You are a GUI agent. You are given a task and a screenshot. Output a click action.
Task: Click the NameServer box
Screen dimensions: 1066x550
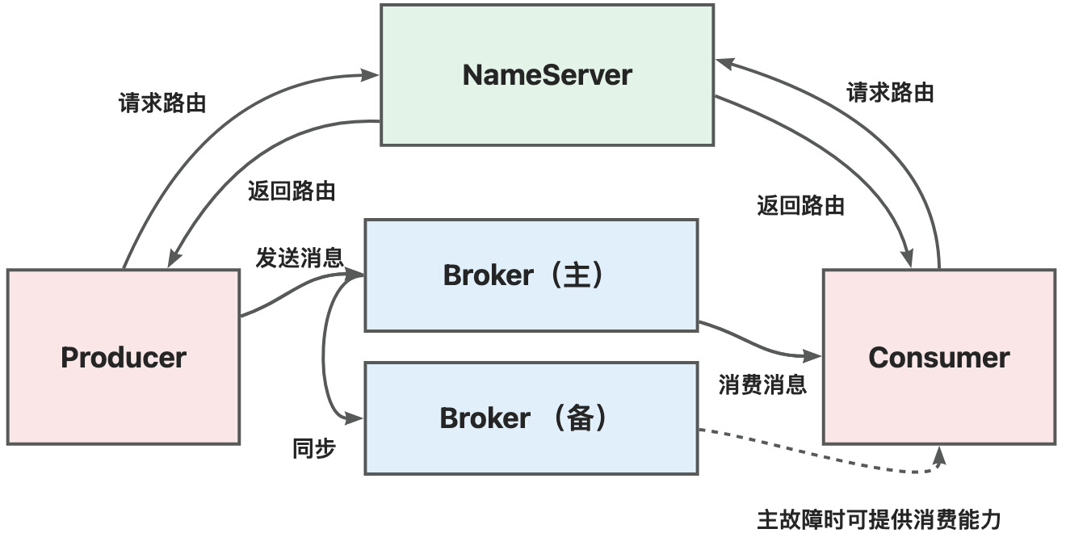coord(548,74)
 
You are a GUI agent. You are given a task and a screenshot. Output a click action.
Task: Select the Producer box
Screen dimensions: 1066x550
coord(124,357)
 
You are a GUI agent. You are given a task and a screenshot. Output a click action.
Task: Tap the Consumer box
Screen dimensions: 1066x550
coord(939,357)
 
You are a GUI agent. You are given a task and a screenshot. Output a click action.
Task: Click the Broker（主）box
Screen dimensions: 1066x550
coord(531,275)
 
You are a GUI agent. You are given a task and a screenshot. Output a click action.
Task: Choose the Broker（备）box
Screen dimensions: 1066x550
coord(531,418)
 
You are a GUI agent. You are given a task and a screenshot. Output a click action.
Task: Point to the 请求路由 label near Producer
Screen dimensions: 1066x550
coord(162,103)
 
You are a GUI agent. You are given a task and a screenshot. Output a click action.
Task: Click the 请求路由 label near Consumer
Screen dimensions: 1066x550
coord(890,92)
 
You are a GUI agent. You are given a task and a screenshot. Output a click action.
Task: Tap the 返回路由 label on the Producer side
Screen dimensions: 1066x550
coord(292,191)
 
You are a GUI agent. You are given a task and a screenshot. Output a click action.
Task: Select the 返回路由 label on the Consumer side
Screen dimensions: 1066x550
coord(801,205)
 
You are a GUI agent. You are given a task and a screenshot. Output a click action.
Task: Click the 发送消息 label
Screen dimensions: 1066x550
coord(300,258)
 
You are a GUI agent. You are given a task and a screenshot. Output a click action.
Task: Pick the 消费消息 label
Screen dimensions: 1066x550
coord(763,384)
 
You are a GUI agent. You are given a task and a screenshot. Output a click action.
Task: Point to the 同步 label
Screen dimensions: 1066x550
coord(314,449)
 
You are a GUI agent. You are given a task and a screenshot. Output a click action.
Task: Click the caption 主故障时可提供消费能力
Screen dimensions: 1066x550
coord(879,519)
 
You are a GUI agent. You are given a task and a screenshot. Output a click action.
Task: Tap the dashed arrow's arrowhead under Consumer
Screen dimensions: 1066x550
coord(939,456)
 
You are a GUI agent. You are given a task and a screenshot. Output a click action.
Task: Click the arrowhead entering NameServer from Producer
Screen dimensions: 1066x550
coord(369,75)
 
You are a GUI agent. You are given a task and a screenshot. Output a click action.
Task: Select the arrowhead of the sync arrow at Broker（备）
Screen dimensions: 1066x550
coord(354,418)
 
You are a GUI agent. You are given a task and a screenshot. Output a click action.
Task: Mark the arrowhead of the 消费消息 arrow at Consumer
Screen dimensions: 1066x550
coord(812,355)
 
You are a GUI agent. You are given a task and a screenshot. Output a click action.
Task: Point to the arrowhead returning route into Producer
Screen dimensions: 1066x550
coord(174,258)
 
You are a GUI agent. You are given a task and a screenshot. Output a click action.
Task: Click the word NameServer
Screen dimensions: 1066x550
coord(548,74)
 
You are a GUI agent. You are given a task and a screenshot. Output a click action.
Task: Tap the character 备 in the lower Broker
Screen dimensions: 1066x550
coord(581,418)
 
